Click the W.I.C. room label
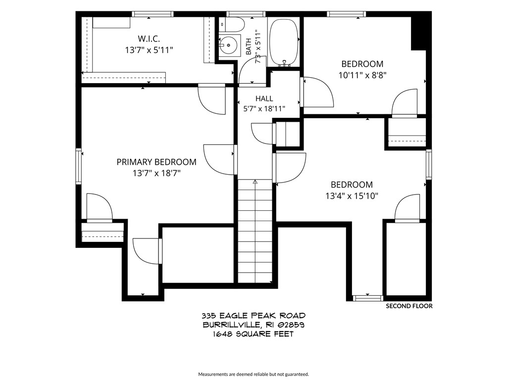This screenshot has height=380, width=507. pyautogui.click(x=149, y=39)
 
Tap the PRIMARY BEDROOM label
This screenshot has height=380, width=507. pyautogui.click(x=156, y=162)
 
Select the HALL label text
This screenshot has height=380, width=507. pyautogui.click(x=264, y=98)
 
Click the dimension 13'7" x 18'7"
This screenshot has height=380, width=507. pyautogui.click(x=156, y=174)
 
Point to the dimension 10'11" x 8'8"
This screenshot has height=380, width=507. pyautogui.click(x=362, y=75)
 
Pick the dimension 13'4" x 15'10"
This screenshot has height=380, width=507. pyautogui.click(x=352, y=196)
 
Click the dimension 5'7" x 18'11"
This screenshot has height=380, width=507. pyautogui.click(x=264, y=109)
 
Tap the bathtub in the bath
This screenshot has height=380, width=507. pyautogui.click(x=284, y=43)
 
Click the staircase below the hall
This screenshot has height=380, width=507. pyautogui.click(x=255, y=231)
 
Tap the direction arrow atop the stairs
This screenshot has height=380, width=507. pyautogui.click(x=255, y=182)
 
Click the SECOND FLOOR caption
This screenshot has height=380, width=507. pyautogui.click(x=409, y=306)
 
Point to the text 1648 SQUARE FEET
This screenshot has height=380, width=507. pyautogui.click(x=253, y=334)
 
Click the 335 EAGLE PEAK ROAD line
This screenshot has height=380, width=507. pyautogui.click(x=253, y=315)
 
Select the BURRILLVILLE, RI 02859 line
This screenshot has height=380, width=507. pyautogui.click(x=253, y=325)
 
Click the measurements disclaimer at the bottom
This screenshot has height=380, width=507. pyautogui.click(x=253, y=374)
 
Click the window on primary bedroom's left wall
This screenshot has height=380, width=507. pyautogui.click(x=78, y=166)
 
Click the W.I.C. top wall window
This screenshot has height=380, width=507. pyautogui.click(x=152, y=14)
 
